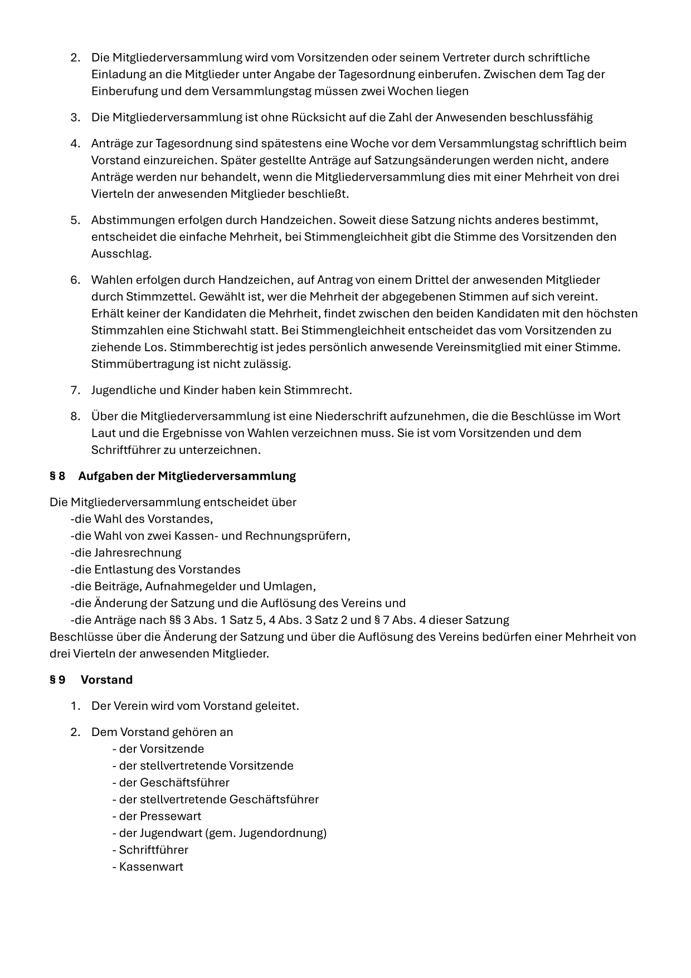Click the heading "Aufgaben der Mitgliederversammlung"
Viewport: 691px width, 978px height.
187,476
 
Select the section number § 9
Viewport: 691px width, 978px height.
57,680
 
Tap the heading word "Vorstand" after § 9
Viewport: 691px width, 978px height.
106,680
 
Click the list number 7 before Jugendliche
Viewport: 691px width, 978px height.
75,390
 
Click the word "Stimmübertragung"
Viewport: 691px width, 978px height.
143,364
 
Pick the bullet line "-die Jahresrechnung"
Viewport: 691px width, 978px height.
126,553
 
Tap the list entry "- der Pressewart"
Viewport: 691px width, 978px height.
157,816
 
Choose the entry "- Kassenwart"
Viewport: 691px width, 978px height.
148,866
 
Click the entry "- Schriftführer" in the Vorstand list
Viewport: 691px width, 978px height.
150,850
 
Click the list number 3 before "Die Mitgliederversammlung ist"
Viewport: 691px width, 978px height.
75,117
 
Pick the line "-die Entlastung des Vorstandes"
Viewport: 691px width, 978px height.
155,569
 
